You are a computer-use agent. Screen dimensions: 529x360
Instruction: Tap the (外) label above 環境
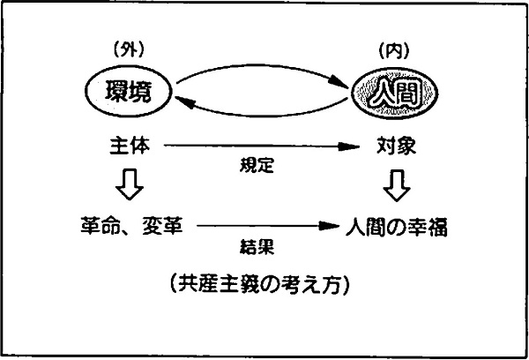[x=129, y=50]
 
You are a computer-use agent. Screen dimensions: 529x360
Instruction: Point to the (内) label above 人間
[x=394, y=51]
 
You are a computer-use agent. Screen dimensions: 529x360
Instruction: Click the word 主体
[x=130, y=146]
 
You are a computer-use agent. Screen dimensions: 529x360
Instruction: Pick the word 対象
[x=396, y=146]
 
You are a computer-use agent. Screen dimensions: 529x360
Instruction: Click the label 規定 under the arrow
[x=257, y=166]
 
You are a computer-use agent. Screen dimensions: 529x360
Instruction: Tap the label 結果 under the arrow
[x=257, y=246]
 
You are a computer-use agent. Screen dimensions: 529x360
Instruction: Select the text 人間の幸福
[x=397, y=227]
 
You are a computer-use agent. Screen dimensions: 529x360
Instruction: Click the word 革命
[x=101, y=225]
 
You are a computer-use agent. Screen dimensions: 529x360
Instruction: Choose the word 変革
[x=162, y=225]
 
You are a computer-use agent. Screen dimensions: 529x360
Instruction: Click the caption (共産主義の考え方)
[x=260, y=285]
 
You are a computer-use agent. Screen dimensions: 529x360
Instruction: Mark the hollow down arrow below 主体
[x=130, y=184]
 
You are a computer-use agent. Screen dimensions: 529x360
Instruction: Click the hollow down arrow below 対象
[x=397, y=185]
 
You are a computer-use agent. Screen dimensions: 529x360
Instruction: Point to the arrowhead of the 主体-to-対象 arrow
[x=349, y=146]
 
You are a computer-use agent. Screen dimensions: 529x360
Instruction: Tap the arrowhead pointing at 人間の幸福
[x=329, y=226]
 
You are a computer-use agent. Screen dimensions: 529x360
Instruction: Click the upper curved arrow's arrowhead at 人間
[x=339, y=84]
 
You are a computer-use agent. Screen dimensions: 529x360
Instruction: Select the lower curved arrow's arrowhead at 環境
[x=184, y=101]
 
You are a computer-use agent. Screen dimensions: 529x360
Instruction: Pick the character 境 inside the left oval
[x=140, y=92]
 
